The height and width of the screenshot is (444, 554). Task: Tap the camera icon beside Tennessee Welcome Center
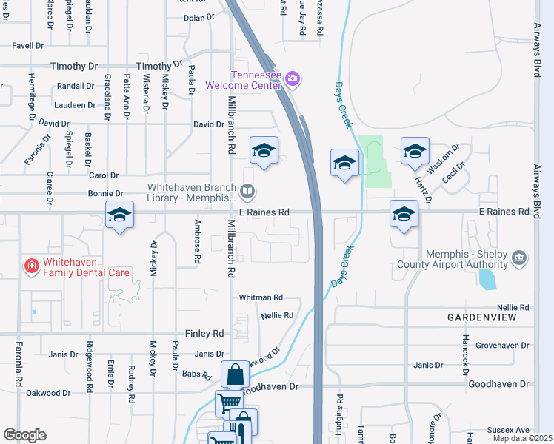pos(292,78)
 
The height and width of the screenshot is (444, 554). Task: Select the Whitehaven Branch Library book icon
pos(247,192)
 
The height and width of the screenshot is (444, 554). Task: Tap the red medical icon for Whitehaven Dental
pos(31,266)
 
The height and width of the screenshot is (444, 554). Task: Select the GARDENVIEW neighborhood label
pos(482,317)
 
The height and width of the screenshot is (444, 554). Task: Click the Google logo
pos(24,435)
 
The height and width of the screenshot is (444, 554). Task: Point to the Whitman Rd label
pos(261,297)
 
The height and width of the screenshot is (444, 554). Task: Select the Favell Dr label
pos(28,45)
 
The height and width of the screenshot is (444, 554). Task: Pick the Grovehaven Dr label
pos(503,346)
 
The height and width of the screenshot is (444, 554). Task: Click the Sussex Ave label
pos(509,430)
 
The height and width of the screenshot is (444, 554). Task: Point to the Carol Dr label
pos(104,175)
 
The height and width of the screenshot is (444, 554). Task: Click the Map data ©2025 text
pos(523,438)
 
